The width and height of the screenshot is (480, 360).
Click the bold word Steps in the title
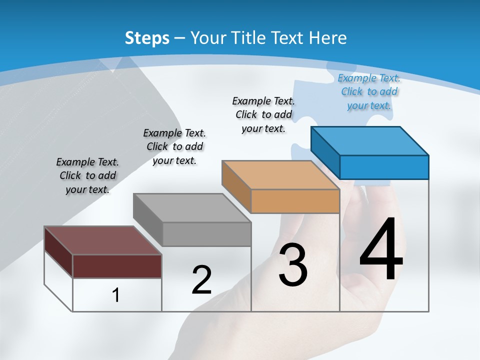coord(147,38)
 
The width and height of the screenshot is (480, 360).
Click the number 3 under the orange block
coord(292,265)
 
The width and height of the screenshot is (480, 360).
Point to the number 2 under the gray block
coord(201,280)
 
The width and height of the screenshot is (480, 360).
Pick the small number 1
coord(116,295)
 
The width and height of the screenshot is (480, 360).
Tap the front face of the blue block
coord(384,167)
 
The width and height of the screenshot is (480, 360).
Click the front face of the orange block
coord(295,201)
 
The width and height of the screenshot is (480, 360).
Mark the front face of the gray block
coord(206,234)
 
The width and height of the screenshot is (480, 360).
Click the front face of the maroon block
coord(117,266)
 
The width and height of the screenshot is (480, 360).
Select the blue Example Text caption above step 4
coord(369,92)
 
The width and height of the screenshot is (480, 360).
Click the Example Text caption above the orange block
coord(263,114)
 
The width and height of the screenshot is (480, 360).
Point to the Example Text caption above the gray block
coord(174,146)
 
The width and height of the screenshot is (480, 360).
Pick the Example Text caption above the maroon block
coord(87,175)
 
